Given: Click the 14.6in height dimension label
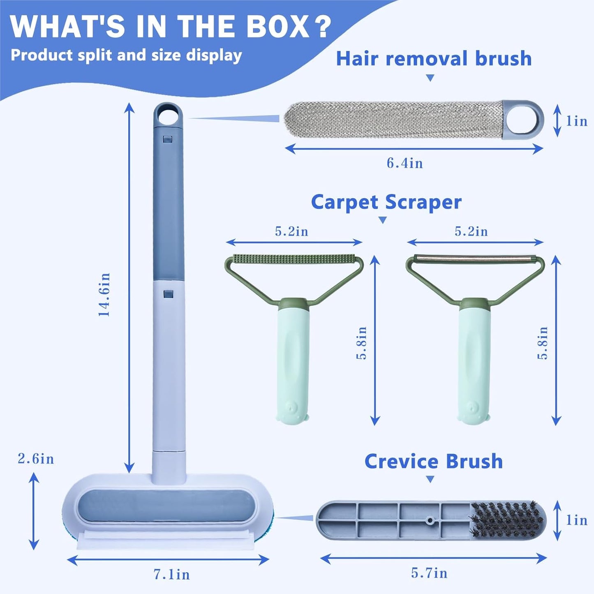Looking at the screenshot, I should click(x=104, y=294).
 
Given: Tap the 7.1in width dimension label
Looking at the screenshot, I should click(x=172, y=574).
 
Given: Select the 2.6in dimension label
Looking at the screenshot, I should click(x=36, y=459).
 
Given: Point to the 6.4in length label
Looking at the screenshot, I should click(x=404, y=163).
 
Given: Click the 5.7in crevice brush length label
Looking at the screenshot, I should click(x=429, y=573).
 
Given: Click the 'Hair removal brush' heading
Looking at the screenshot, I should click(x=434, y=58).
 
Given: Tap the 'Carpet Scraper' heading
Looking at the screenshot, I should click(x=386, y=202).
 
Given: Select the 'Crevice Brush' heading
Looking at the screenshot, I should click(x=433, y=461).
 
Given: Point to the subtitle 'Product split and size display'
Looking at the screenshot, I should click(x=126, y=55).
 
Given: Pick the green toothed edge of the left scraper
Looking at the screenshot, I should click(x=294, y=259).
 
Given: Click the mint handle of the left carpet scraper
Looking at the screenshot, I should click(x=293, y=362).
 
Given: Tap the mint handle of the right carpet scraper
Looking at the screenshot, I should click(x=474, y=362).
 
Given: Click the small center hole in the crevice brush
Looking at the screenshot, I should click(x=430, y=520).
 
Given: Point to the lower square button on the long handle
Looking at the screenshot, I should click(x=168, y=294).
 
